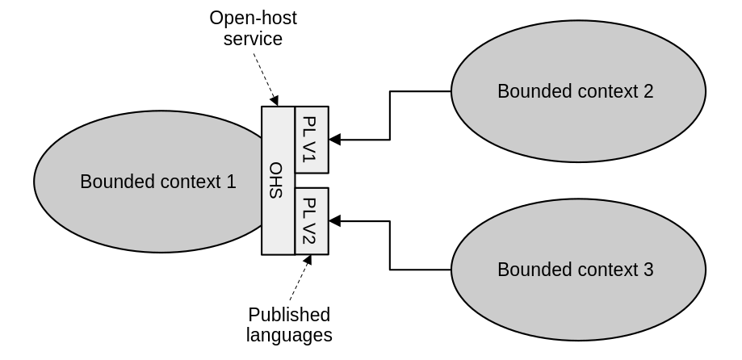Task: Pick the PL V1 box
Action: (x=312, y=140)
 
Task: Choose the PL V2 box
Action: (x=312, y=220)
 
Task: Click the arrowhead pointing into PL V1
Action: (x=334, y=140)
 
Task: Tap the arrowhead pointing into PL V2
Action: (x=334, y=220)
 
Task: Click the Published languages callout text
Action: (x=289, y=324)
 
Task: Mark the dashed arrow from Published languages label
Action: (x=299, y=279)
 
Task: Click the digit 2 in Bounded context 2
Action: (x=648, y=91)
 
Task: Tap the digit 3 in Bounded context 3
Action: (x=648, y=270)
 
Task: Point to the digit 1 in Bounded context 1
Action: (x=231, y=182)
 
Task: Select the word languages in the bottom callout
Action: (x=289, y=335)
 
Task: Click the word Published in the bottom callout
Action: (x=289, y=315)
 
